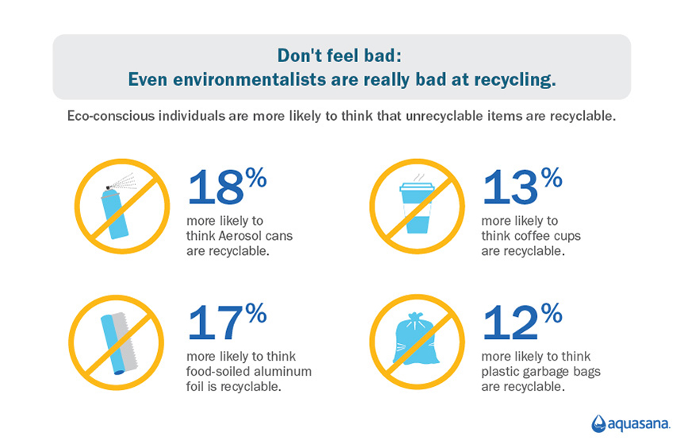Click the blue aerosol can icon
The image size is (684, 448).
click(115, 213)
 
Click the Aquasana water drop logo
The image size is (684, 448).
click(598, 423)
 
